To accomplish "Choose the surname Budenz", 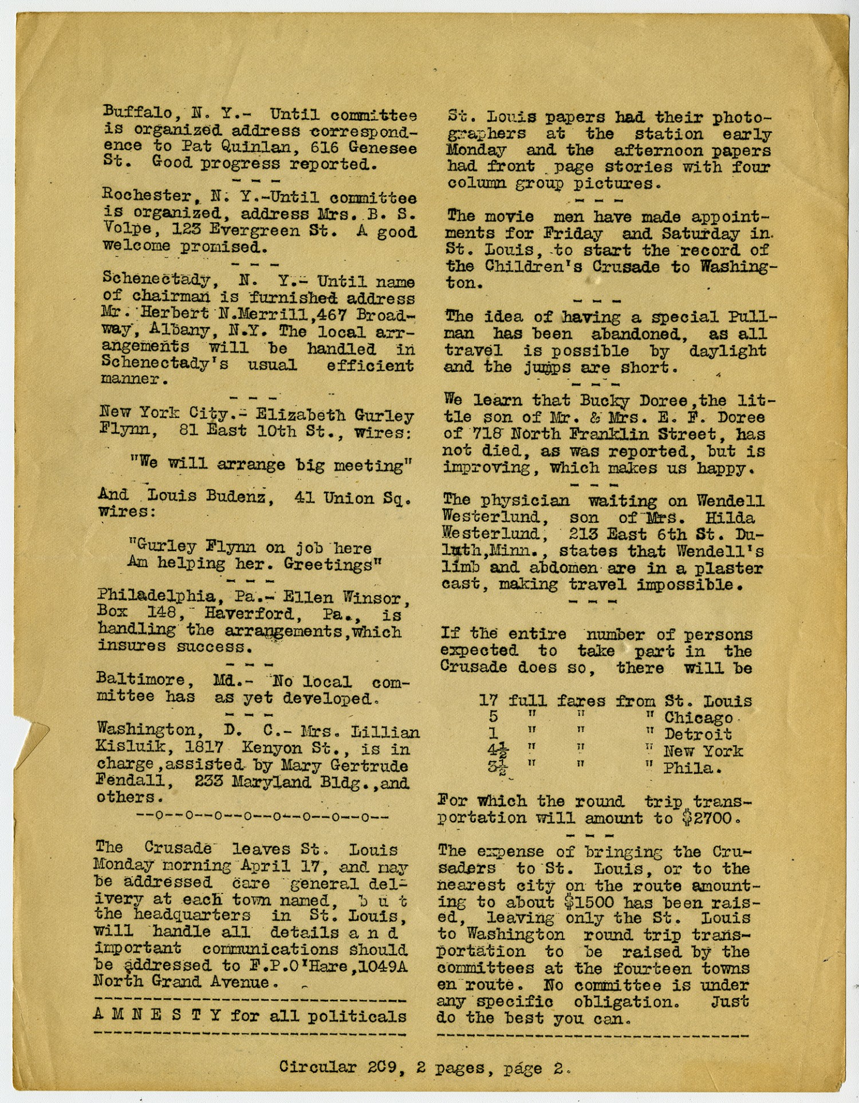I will [235, 497].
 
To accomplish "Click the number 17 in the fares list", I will [488, 700].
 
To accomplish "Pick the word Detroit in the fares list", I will [698, 734].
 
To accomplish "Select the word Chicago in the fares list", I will [699, 718].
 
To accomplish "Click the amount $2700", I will [707, 818].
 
